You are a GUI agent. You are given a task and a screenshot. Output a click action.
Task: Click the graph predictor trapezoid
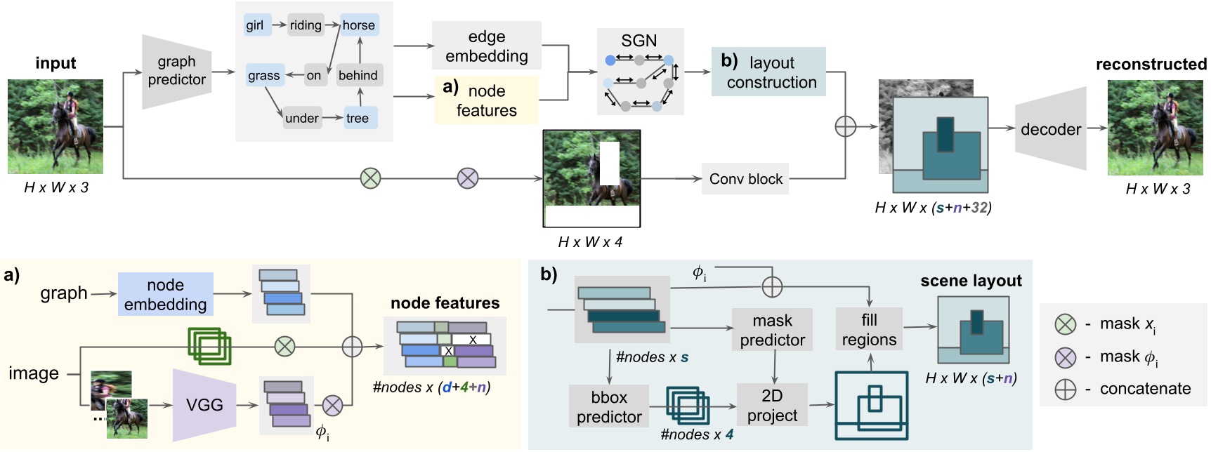pos(176,71)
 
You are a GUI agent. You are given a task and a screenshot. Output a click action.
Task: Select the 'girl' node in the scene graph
pos(254,25)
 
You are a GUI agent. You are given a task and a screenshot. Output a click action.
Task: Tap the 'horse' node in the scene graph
pos(359,25)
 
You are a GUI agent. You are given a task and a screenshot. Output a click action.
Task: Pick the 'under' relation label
pos(301,118)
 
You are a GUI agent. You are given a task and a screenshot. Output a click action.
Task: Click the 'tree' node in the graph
pos(358,118)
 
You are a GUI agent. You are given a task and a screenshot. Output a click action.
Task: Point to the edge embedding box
pos(486,46)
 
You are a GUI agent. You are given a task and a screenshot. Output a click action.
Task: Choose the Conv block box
pos(745,179)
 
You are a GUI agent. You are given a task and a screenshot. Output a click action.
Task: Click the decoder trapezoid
pos(1050,129)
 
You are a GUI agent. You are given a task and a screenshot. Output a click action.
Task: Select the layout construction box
pos(768,72)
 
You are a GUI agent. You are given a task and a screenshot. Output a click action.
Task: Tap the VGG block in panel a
pos(204,405)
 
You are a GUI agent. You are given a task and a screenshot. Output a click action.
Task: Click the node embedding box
pos(165,294)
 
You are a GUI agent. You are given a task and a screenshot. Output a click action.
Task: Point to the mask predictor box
pos(772,330)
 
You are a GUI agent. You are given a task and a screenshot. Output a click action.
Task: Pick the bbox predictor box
pos(608,407)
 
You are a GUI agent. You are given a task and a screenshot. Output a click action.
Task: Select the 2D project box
pos(772,405)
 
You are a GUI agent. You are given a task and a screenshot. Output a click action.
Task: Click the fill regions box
pos(869,329)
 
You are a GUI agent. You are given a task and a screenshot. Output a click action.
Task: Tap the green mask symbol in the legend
pos(1066,324)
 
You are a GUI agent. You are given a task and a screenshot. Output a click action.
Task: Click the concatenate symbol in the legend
pos(1066,389)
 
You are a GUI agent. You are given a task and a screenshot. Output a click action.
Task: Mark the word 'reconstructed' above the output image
pos(1151,65)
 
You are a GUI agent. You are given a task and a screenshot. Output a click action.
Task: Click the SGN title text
pos(639,41)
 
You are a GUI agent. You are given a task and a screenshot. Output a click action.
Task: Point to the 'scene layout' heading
pos(971,281)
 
